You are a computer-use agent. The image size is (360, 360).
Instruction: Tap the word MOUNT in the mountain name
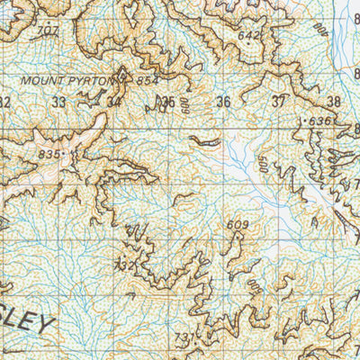[44, 80]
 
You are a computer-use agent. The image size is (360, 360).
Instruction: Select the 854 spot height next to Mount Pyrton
[148, 81]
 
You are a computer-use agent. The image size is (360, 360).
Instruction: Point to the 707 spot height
[46, 31]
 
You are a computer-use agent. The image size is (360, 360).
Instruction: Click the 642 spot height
[249, 35]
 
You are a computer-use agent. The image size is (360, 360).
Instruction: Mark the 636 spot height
[319, 121]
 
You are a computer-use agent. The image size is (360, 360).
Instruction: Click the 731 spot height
[185, 337]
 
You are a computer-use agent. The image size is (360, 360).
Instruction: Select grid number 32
[4, 102]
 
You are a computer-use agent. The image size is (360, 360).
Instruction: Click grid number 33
[59, 102]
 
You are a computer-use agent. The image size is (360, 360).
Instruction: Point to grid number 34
[113, 102]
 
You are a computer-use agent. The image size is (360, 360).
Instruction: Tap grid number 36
[223, 102]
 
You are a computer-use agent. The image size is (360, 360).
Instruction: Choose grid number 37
[278, 102]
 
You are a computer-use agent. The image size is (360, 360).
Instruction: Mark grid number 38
[334, 102]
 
